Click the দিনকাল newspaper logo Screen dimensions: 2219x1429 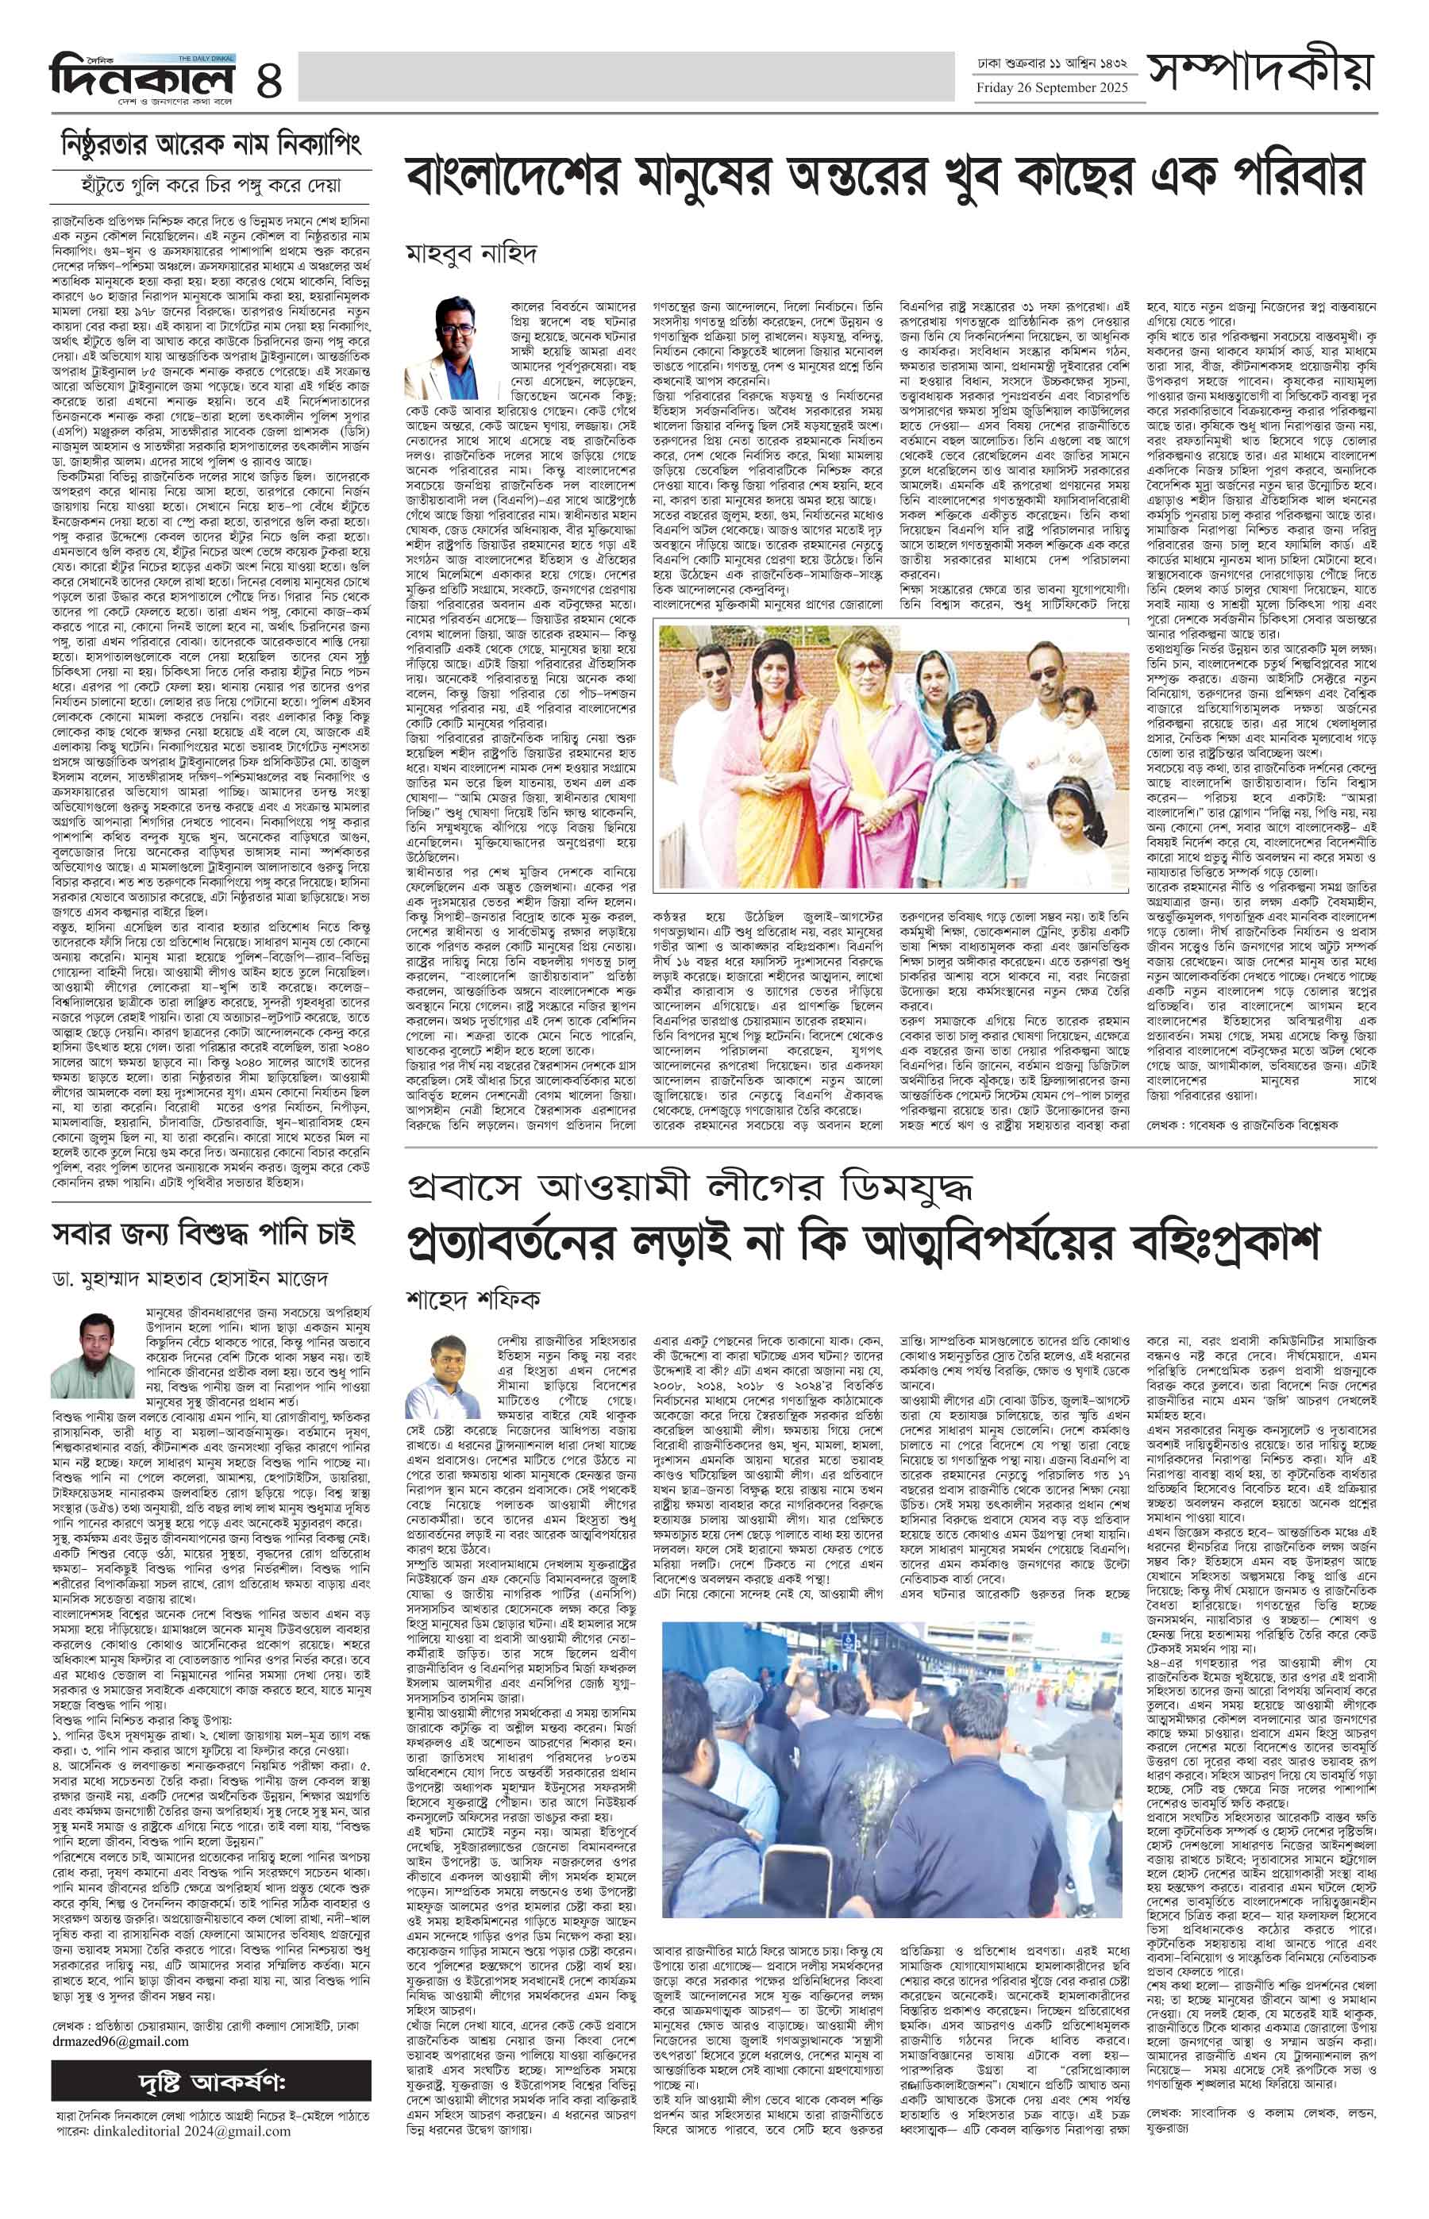tap(141, 75)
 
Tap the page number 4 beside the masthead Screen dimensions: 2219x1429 tap(269, 77)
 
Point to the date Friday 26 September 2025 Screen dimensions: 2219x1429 tap(1051, 88)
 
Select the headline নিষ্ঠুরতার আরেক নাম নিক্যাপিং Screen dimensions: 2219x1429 tap(210, 144)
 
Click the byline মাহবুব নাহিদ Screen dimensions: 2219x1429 tap(472, 254)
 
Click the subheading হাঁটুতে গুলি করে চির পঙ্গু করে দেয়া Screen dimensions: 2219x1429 tap(210, 185)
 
